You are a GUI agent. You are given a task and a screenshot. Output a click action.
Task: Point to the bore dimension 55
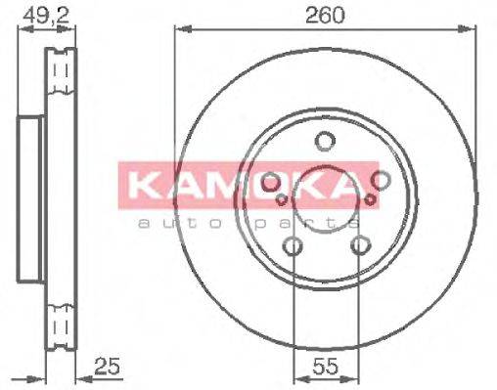(x=325, y=367)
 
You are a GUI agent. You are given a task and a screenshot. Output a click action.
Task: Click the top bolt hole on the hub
(x=325, y=142)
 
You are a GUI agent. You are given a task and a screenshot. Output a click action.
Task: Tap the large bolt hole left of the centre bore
(x=271, y=181)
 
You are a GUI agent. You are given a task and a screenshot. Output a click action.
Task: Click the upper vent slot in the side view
(x=62, y=73)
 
